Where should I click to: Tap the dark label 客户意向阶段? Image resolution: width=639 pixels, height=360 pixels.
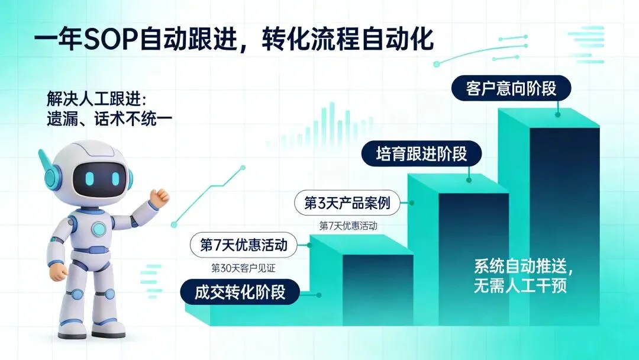click(x=512, y=89)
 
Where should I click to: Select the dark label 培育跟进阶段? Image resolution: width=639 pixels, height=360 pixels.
click(x=422, y=155)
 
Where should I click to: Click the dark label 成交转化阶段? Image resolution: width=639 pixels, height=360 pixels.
click(x=240, y=292)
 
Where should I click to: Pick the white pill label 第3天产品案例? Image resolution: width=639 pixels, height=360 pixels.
click(x=347, y=204)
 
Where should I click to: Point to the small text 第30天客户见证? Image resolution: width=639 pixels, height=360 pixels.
click(x=244, y=268)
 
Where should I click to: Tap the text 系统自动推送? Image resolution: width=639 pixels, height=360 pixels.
click(x=523, y=266)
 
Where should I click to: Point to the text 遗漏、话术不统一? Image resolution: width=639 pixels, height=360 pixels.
click(x=109, y=118)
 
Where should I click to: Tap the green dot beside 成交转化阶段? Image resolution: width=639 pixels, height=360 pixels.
click(x=319, y=294)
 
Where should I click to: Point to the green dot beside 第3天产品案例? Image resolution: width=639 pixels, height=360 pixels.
click(x=412, y=203)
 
